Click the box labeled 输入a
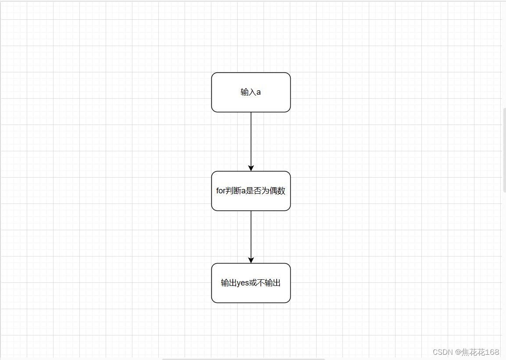point(251,92)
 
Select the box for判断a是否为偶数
point(251,191)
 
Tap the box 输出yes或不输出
point(251,283)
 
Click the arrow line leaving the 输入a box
point(251,142)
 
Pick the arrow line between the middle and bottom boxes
point(251,237)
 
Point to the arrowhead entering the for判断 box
point(251,168)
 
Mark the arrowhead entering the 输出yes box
point(251,260)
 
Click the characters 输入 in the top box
point(248,92)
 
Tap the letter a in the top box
point(259,93)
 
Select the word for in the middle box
point(221,191)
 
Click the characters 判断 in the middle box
point(233,191)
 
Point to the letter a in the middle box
point(243,191)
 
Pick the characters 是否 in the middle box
point(253,191)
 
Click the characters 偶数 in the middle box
point(278,191)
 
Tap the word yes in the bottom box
point(242,283)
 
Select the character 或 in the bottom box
point(253,283)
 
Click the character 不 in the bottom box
point(261,283)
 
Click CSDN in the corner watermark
point(443,352)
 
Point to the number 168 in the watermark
point(492,352)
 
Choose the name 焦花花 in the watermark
point(473,352)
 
